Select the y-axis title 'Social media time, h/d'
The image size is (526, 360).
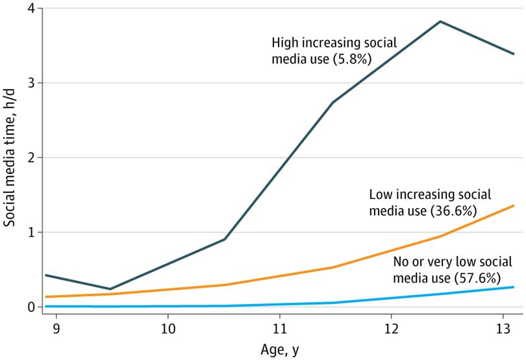pos(10,158)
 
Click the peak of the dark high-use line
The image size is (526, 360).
pos(441,21)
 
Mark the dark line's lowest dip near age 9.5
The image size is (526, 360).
pos(110,289)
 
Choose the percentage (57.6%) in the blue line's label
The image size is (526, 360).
pos(475,278)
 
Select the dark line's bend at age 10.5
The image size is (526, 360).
pos(224,239)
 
